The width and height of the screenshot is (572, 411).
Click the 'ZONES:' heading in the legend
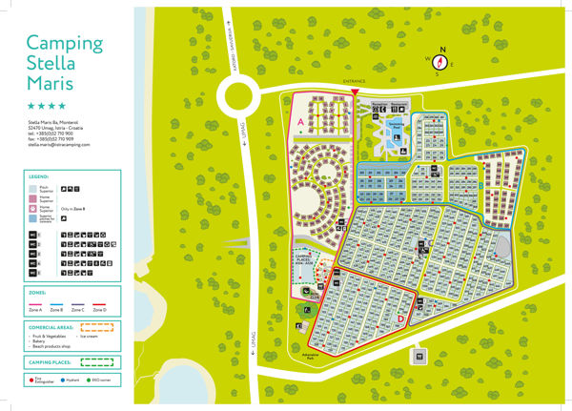click(x=37, y=294)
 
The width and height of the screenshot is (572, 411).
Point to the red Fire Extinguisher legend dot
click(x=31, y=379)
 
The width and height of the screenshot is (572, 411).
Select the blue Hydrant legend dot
click(x=64, y=379)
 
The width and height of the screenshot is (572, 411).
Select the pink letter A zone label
click(x=300, y=123)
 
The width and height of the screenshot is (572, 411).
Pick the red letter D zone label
click(x=401, y=319)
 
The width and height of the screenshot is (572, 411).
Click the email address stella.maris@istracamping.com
click(x=62, y=145)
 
